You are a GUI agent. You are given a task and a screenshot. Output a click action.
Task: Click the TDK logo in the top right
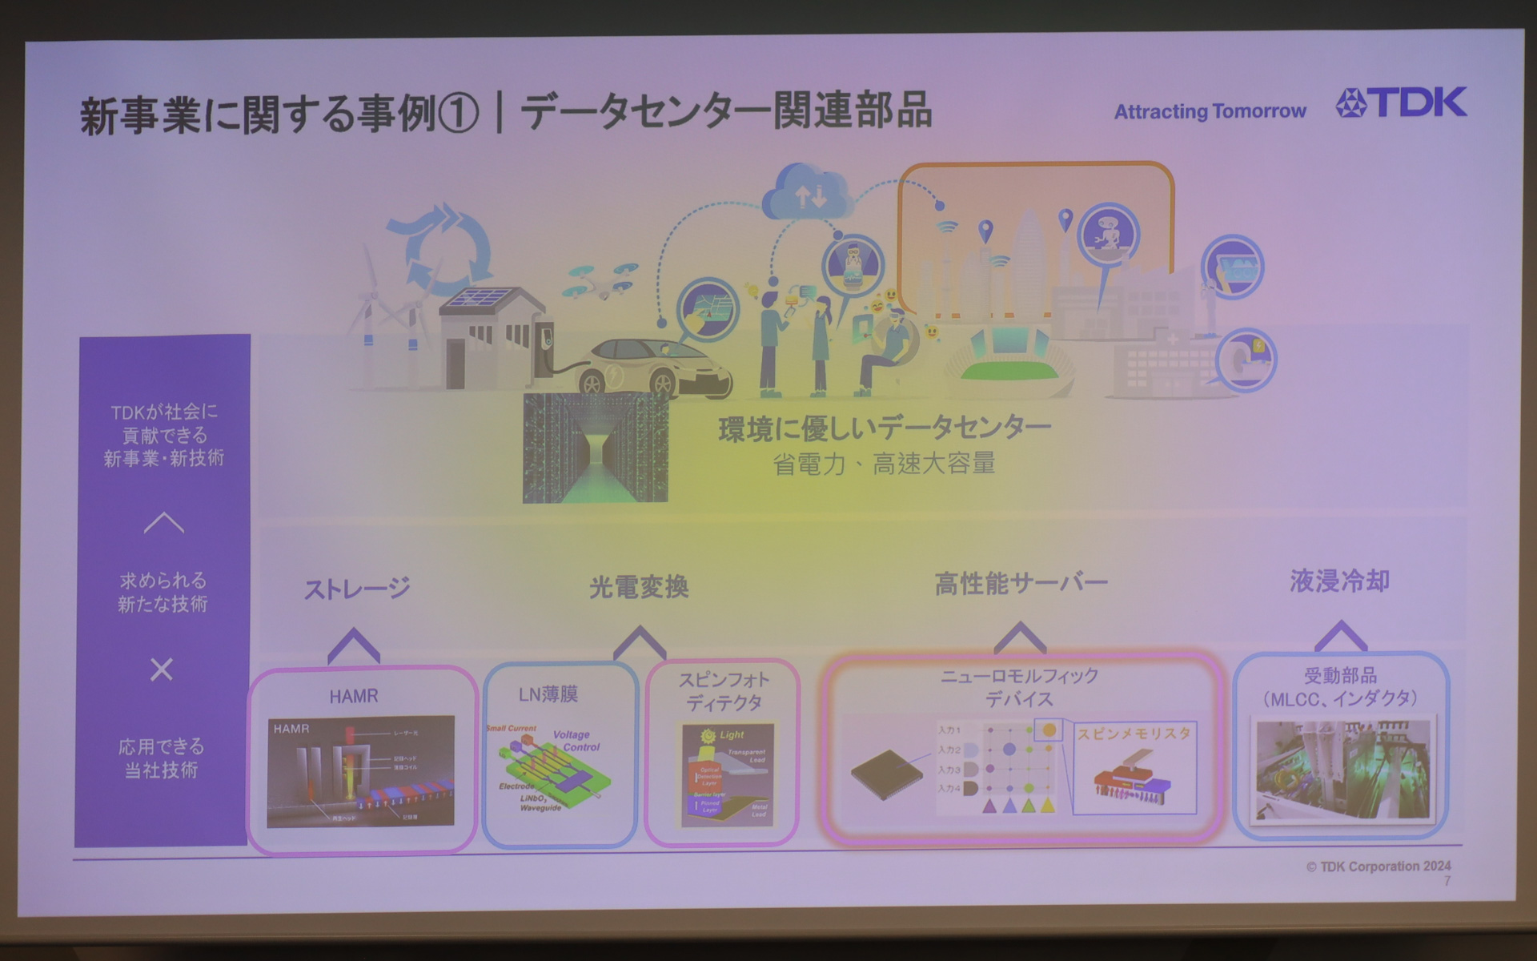click(x=1401, y=103)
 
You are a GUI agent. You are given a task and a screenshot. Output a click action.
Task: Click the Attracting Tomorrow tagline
click(x=1210, y=111)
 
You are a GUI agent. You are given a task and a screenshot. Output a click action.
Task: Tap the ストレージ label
click(x=357, y=589)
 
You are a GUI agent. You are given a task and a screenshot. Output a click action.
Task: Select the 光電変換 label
click(x=639, y=587)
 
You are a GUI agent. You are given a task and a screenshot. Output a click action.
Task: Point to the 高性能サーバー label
click(x=1021, y=583)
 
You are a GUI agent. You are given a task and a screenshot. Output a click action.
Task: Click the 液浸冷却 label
click(x=1339, y=581)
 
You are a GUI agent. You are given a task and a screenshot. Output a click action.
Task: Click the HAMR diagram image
click(x=361, y=771)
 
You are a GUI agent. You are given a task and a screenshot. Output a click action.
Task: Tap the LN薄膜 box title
click(x=548, y=694)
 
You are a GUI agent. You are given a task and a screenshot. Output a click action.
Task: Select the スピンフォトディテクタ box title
click(x=724, y=691)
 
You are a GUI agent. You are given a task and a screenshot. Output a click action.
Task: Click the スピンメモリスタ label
click(x=1134, y=734)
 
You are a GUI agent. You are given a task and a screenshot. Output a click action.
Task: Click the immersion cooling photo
click(x=1342, y=769)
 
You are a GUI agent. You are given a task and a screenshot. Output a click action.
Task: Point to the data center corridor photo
click(x=595, y=448)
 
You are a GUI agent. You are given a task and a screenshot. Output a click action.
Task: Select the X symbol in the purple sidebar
click(x=162, y=669)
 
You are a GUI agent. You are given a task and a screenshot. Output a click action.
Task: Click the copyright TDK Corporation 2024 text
click(x=1378, y=867)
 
